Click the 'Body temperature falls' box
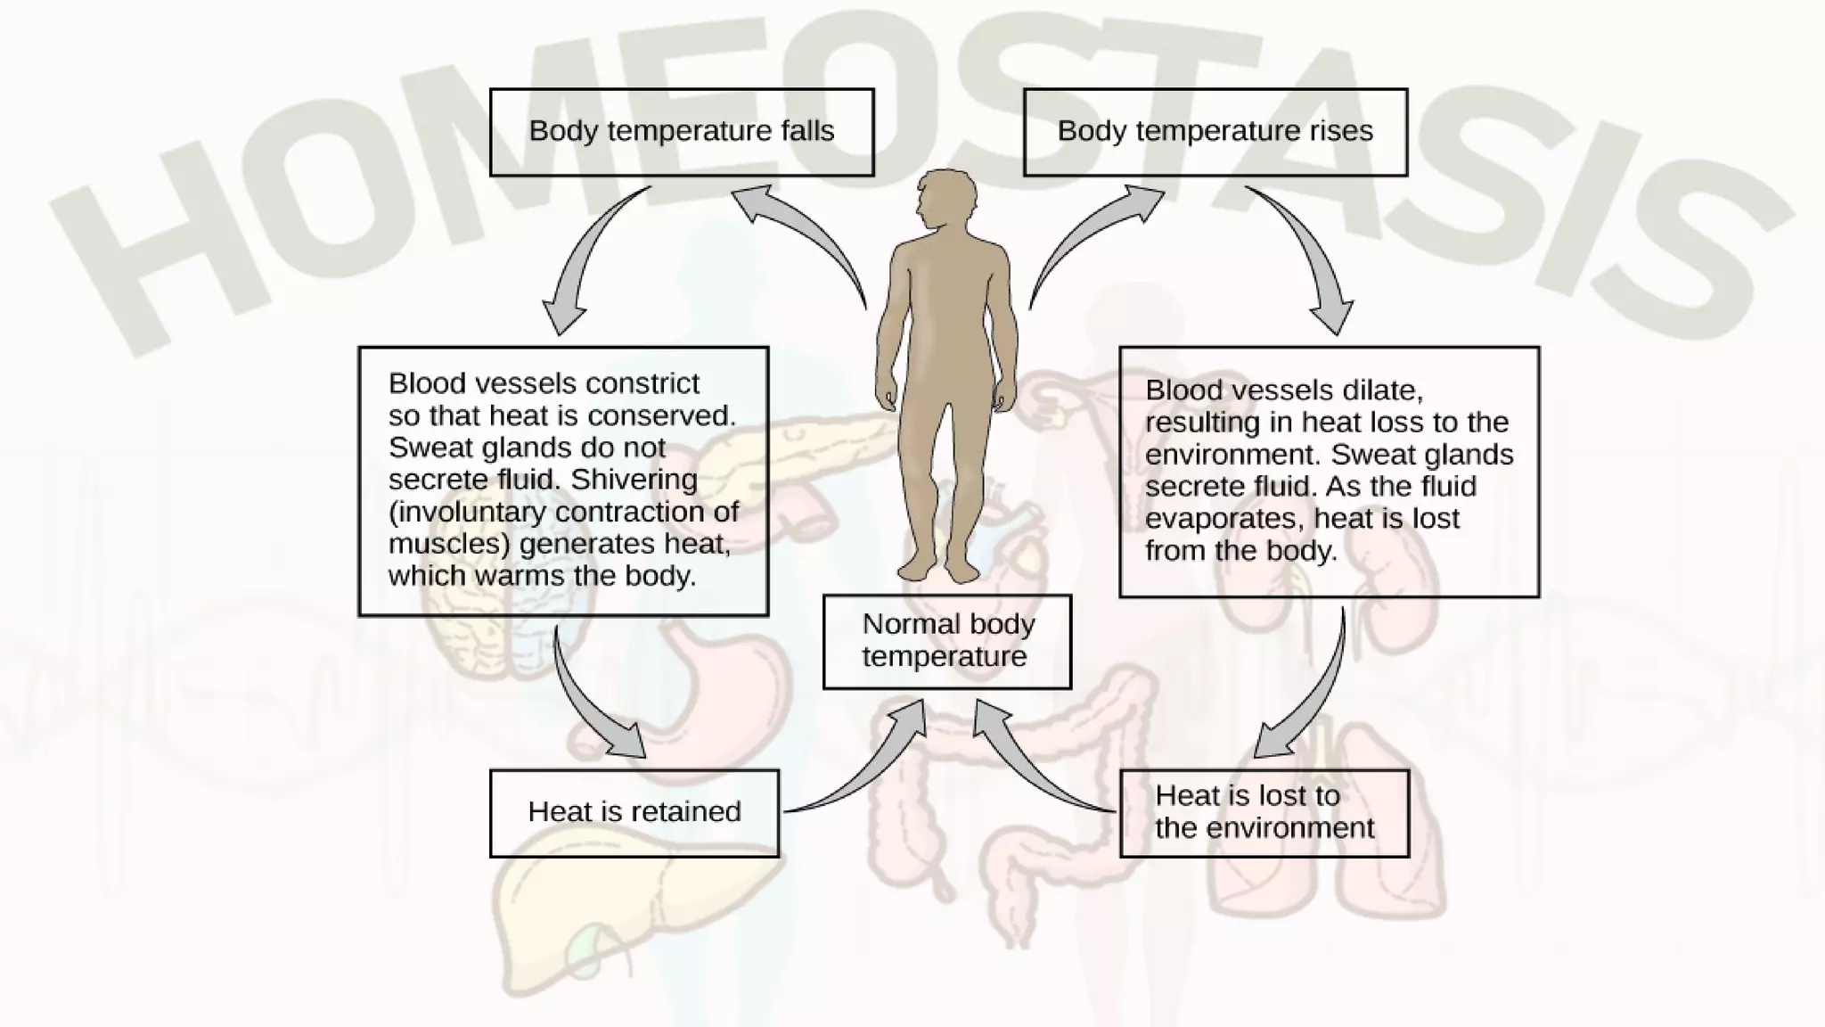click(682, 132)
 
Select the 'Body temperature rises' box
click(1215, 132)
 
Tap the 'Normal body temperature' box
click(946, 641)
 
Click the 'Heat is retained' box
click(634, 812)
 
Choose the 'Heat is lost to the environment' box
click(1264, 812)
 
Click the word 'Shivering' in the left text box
click(634, 480)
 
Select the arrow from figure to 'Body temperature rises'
click(1092, 236)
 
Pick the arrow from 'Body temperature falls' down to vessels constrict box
click(584, 259)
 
